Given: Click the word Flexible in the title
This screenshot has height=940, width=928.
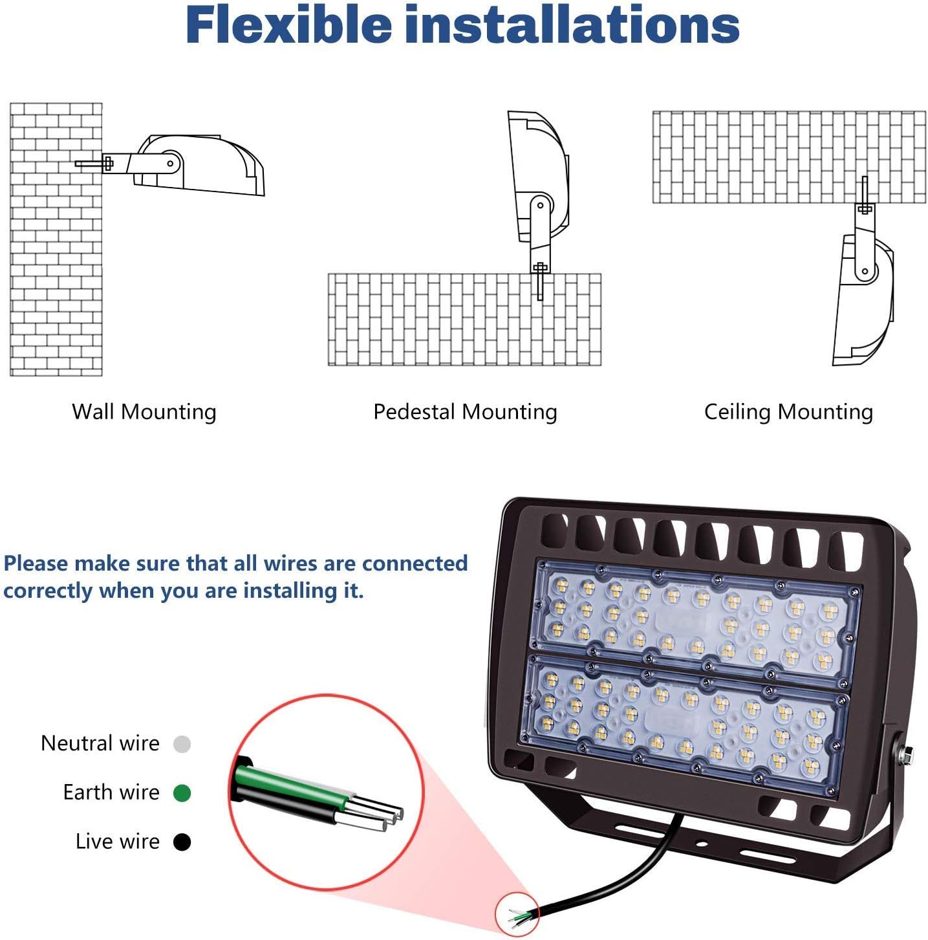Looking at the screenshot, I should [x=288, y=26].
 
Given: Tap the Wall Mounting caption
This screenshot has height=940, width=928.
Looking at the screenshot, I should [x=144, y=412].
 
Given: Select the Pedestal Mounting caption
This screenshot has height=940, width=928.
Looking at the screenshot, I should [x=465, y=412].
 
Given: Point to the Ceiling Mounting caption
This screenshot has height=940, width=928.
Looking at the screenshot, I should [x=788, y=412].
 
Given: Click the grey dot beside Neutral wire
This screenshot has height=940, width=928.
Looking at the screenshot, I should [x=182, y=745].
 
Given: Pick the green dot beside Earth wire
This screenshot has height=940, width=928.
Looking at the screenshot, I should [x=182, y=793].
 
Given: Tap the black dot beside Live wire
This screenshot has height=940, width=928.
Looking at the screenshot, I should [x=182, y=842].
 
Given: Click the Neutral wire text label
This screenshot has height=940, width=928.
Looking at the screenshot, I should [x=100, y=743].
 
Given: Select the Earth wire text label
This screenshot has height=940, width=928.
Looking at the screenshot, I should [x=111, y=792].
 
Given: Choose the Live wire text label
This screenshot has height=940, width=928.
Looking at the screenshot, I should [x=117, y=842].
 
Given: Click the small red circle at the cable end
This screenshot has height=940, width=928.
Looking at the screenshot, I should [x=517, y=913].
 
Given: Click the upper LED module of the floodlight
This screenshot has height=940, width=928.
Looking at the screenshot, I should [x=695, y=618].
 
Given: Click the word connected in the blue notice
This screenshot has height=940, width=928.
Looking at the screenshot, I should [x=415, y=563].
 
